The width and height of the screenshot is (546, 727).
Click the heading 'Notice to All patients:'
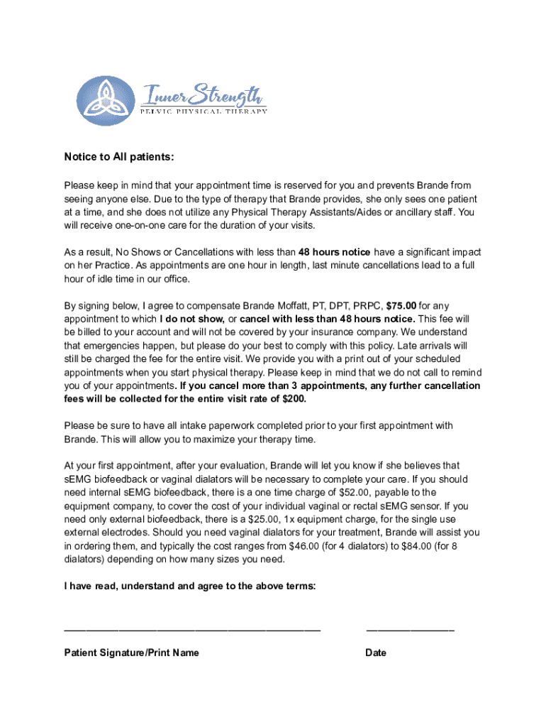coord(119,157)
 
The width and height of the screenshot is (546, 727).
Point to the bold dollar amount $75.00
coord(402,305)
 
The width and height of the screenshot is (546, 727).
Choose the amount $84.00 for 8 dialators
coord(413,545)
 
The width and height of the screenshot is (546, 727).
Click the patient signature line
coord(192,630)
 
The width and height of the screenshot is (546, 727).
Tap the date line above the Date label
coord(410,630)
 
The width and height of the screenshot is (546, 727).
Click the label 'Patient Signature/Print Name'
coord(131,652)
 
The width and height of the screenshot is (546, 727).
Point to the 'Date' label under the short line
coord(376,652)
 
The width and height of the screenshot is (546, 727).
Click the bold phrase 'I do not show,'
coord(192,319)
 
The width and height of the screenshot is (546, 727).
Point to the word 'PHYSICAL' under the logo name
coord(203,111)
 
